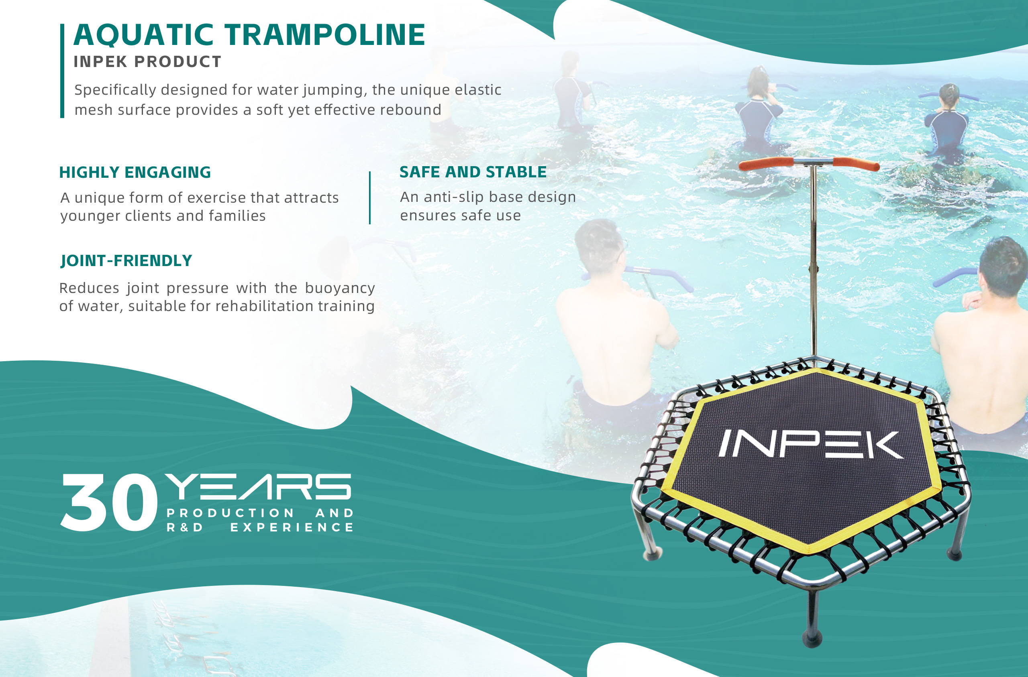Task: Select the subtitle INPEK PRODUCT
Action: coord(147,62)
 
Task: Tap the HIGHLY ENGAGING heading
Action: coord(135,172)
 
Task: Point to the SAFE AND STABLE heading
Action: coord(473,172)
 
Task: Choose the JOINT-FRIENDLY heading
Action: coord(126,261)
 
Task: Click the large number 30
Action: coord(109,502)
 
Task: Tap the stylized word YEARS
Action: coord(258,487)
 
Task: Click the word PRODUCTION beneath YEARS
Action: coord(230,513)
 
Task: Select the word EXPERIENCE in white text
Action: coord(292,527)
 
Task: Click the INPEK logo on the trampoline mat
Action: coord(811,444)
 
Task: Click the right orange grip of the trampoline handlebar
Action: coord(856,164)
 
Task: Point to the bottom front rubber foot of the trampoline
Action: coord(812,638)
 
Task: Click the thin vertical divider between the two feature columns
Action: coord(370,198)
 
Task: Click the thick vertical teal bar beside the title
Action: coord(62,71)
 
